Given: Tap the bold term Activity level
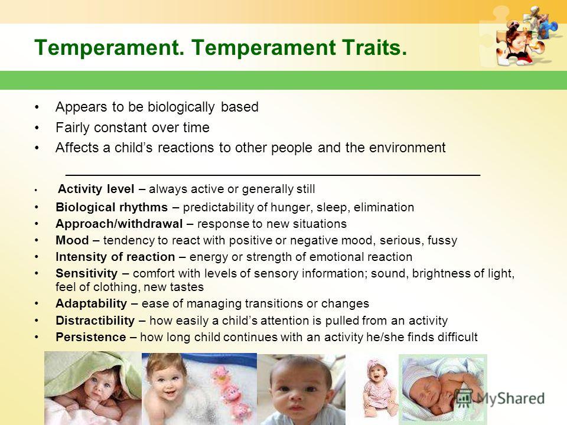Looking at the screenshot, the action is [96, 189].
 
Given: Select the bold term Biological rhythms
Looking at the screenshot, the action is [112, 207].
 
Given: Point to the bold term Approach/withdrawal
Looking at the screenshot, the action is [119, 224].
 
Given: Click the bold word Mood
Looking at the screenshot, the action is [72, 240].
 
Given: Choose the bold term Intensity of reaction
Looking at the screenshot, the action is [115, 257].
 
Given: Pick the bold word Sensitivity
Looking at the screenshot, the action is [87, 273].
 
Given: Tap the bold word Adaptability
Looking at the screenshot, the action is [92, 303].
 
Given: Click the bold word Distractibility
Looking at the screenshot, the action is [95, 320].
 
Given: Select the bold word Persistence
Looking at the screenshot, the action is [91, 337].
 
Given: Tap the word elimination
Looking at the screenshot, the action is [384, 207].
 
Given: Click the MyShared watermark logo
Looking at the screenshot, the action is [500, 398].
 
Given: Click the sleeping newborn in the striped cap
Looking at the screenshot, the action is [442, 388].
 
